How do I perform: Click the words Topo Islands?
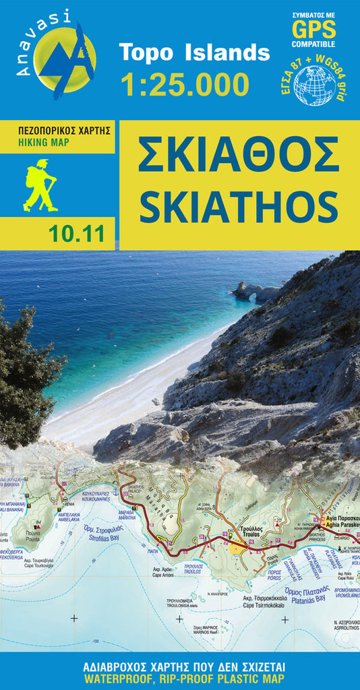tap(194, 52)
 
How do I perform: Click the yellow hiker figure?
tap(40, 185)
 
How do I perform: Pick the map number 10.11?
tap(76, 233)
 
